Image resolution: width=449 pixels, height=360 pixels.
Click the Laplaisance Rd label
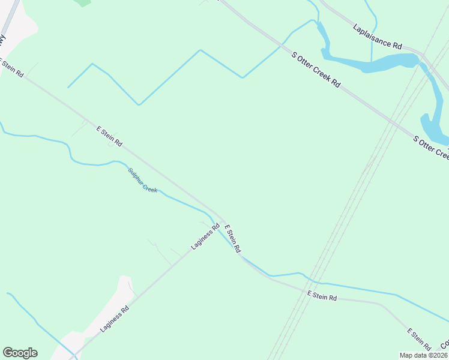(378, 37)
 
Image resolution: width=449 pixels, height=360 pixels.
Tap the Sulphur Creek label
(142, 180)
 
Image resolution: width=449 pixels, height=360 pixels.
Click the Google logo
(20, 353)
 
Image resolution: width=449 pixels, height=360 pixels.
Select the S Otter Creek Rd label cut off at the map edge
(431, 148)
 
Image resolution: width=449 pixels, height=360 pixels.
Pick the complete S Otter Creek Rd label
(316, 70)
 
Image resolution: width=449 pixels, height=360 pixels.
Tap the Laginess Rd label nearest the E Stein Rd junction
(205, 236)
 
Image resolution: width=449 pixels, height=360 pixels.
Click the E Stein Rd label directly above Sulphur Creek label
(109, 136)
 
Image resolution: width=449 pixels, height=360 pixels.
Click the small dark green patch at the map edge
(83, 2)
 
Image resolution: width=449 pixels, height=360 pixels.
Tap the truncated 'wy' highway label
(3, 40)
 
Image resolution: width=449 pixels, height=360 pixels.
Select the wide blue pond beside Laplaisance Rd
(384, 62)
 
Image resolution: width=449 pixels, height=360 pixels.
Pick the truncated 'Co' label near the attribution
(445, 345)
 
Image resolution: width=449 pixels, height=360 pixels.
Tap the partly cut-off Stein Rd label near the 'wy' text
(12, 67)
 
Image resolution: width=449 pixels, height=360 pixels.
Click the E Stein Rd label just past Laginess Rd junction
(232, 238)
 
